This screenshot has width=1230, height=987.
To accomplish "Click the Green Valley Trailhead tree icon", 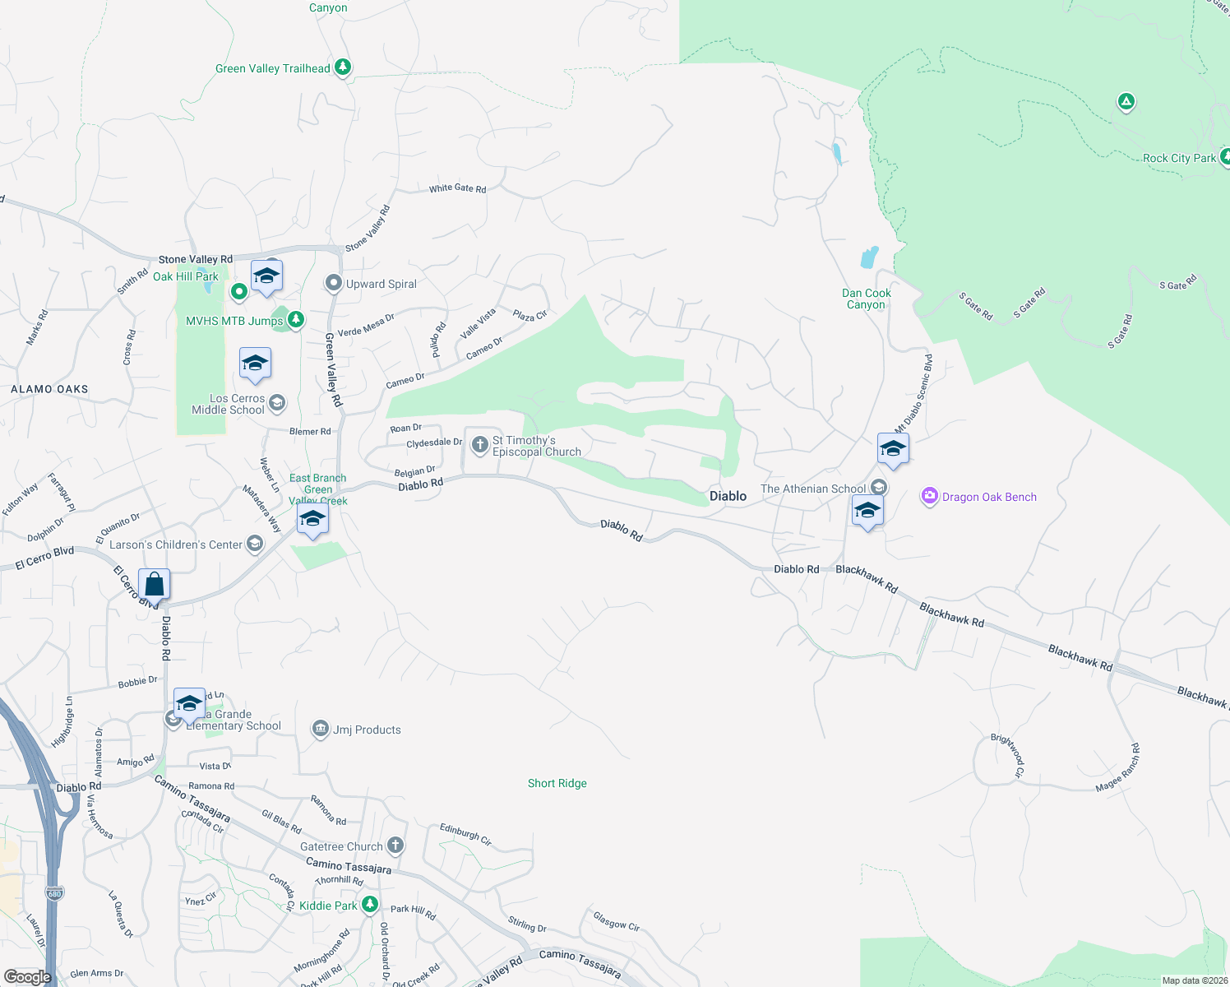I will point(343,67).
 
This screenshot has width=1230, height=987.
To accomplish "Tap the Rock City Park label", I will point(1179,158).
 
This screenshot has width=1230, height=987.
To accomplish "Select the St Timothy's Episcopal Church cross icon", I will point(480,445).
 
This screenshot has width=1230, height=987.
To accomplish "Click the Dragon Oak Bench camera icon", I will point(930,496).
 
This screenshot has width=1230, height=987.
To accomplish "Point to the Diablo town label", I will point(728,496).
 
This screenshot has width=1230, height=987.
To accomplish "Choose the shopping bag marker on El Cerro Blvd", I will point(155,585).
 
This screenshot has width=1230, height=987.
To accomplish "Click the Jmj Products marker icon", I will point(320,729).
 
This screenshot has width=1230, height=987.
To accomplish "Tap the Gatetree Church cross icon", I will point(395,846).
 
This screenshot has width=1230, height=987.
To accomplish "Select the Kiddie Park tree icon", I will point(370,905).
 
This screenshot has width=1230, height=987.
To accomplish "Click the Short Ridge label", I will point(557,783).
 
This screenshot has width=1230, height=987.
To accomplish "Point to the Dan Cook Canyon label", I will point(867,299).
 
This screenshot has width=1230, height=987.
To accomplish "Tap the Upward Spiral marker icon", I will point(333,284).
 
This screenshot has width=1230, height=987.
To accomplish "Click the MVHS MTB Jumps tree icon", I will point(296,320).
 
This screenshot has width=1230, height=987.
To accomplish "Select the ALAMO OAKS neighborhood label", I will point(49,389).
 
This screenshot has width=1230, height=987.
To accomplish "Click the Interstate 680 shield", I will point(54,893).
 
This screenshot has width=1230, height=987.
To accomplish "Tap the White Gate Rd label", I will point(457,188).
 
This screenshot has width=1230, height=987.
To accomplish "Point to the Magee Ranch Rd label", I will point(1118,768).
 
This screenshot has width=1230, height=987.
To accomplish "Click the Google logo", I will point(28,977).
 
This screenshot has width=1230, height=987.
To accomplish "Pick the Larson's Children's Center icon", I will point(255,544).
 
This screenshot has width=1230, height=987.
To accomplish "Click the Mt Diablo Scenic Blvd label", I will point(913,392).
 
